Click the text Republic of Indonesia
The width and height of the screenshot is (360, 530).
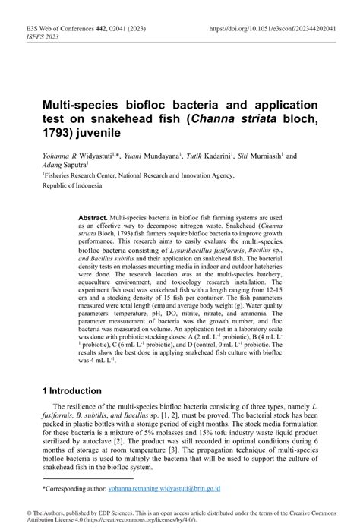click(76, 185)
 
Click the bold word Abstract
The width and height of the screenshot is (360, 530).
click(93, 217)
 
